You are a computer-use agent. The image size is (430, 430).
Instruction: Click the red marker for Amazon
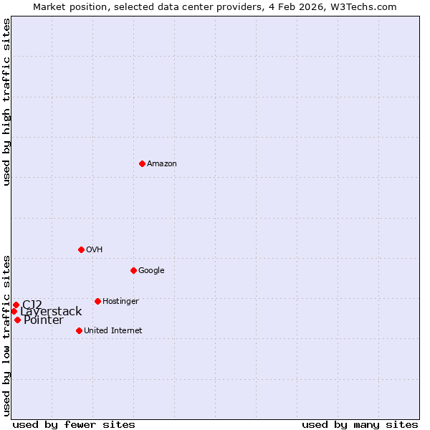(x=142, y=163)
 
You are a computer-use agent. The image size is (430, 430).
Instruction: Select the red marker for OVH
(x=81, y=249)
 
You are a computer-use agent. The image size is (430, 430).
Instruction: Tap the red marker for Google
(x=133, y=270)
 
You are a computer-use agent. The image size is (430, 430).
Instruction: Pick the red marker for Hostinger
(x=97, y=301)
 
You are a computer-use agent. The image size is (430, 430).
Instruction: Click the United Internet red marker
(x=79, y=330)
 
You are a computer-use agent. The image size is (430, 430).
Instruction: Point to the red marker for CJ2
(x=16, y=305)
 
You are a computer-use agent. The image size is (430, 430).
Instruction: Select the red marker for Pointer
(x=17, y=320)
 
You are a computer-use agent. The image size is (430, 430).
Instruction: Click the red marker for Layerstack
(x=14, y=311)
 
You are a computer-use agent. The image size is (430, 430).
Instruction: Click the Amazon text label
(x=162, y=164)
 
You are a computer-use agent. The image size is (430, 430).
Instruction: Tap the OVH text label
(x=95, y=250)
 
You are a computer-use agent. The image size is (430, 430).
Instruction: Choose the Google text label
(x=151, y=271)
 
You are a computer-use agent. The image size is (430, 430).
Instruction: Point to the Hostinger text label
(x=120, y=302)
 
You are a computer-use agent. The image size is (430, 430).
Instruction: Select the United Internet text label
(x=113, y=331)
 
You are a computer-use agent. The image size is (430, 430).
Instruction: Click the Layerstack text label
(x=51, y=312)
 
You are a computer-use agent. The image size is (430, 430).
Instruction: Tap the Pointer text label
(x=44, y=320)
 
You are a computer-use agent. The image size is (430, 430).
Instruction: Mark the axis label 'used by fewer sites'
(x=74, y=424)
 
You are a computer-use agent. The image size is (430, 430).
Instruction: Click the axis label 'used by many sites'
(x=360, y=424)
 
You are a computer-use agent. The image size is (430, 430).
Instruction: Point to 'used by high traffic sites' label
(x=6, y=102)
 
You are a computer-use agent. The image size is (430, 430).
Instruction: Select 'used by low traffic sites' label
(x=6, y=335)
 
